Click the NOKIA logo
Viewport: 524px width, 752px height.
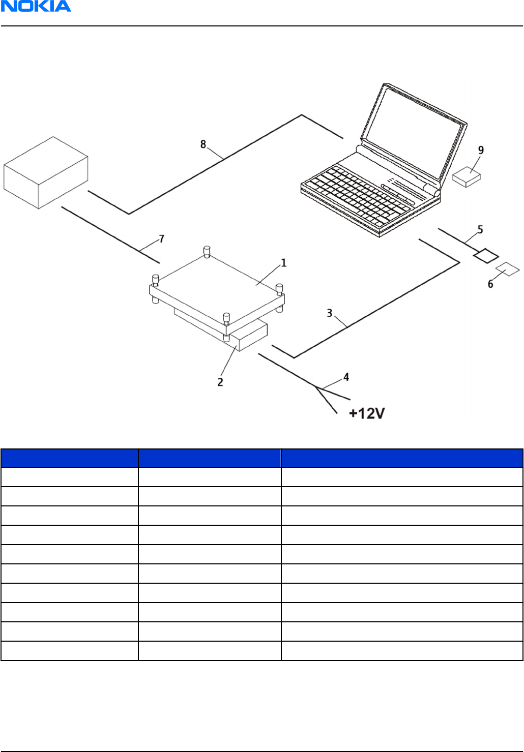(x=36, y=7)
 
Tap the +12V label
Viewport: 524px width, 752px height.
(x=367, y=413)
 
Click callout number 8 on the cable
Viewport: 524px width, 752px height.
(x=203, y=144)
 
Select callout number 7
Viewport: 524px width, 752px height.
(x=162, y=238)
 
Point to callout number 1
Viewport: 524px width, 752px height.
(x=283, y=263)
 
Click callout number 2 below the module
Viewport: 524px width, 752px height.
(x=220, y=382)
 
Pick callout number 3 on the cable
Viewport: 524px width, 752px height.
(x=330, y=313)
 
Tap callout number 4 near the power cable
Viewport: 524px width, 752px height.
(x=346, y=377)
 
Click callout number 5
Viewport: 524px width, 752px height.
(x=480, y=230)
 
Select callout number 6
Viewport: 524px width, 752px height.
(x=490, y=284)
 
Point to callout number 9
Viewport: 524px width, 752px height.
(x=481, y=150)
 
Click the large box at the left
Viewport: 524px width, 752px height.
(x=46, y=173)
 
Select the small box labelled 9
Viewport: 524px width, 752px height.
(x=467, y=177)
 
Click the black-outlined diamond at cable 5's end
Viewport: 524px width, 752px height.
(x=486, y=256)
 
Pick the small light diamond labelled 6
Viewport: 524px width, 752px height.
(x=508, y=269)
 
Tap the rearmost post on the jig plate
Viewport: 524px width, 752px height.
(x=207, y=251)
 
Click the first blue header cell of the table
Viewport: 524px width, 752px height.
(x=70, y=458)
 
